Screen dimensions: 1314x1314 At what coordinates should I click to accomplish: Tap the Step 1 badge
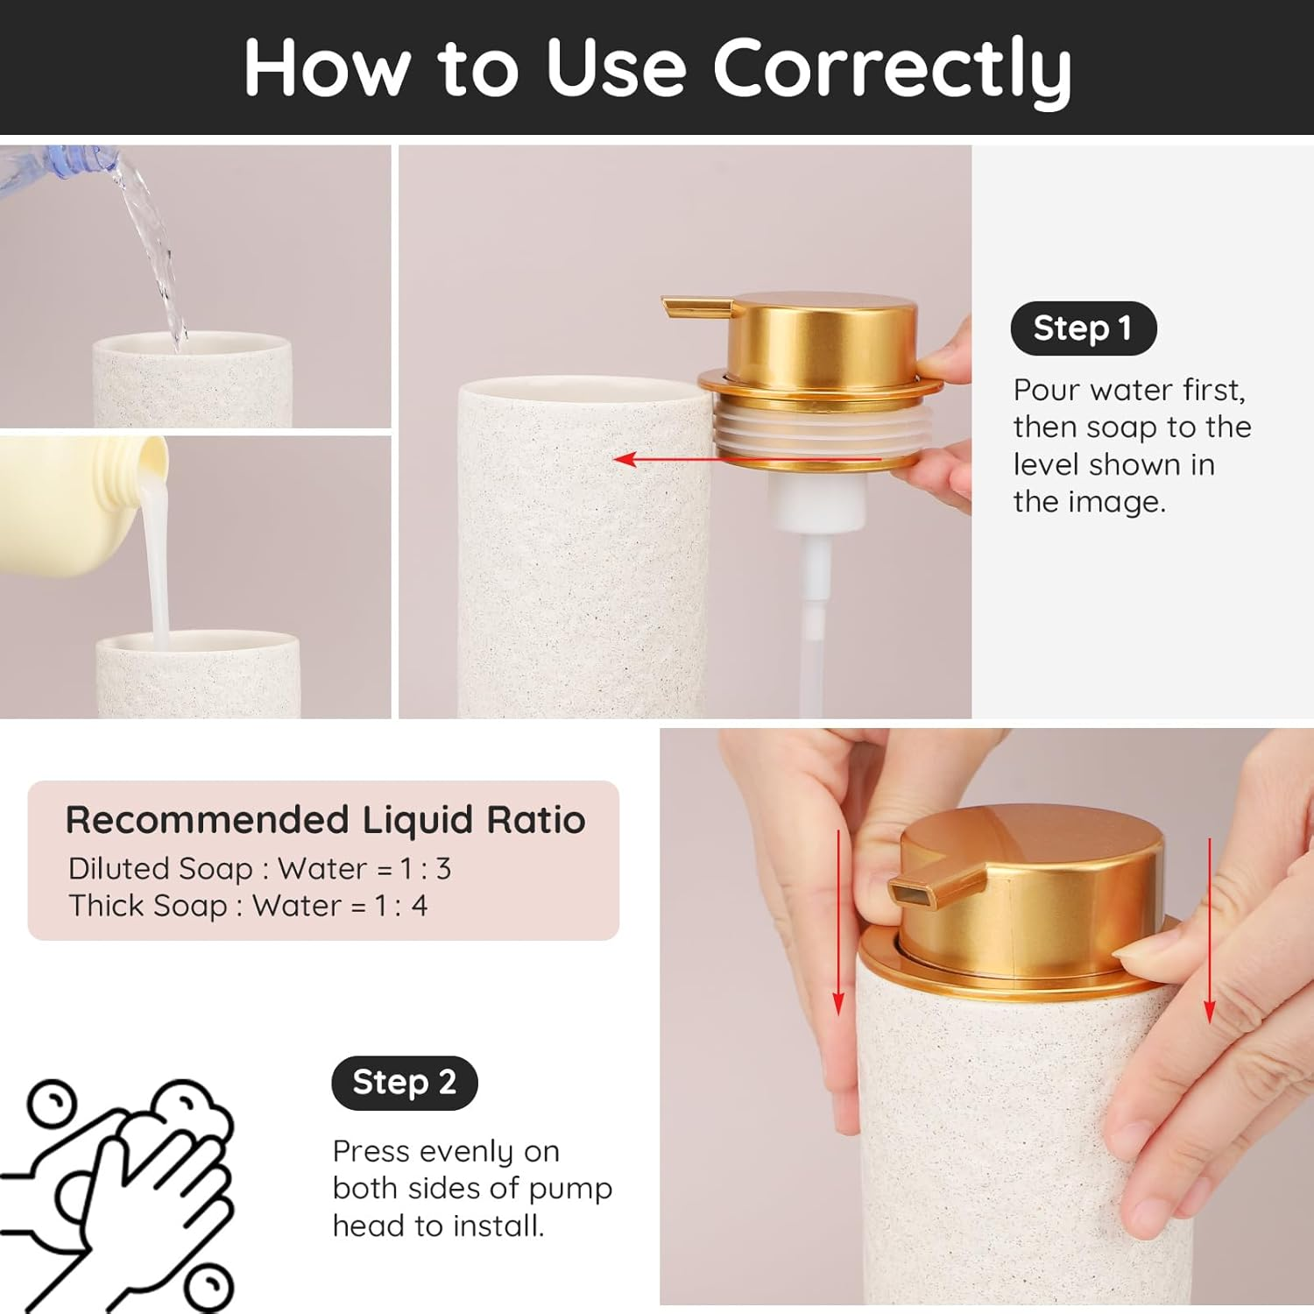coord(1083,328)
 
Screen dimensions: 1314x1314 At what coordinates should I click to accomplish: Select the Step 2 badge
coord(404,1083)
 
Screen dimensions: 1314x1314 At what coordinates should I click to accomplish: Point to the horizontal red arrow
coord(745,459)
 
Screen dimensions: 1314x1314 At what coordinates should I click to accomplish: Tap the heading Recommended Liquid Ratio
coord(325,820)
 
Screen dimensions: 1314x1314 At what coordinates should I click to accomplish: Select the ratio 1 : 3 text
coord(425,869)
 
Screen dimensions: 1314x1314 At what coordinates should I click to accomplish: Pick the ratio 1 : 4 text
coord(401,906)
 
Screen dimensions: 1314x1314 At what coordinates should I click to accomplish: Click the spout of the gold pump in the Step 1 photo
coord(695,307)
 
